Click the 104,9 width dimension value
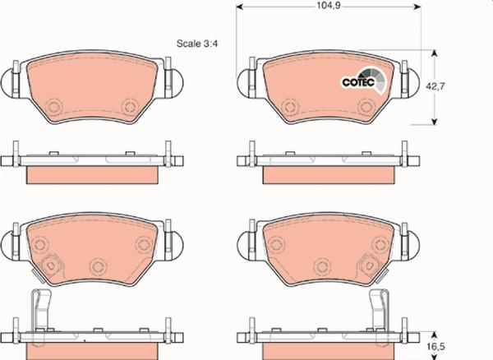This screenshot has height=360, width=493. click(329, 6)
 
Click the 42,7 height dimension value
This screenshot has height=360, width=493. click(435, 86)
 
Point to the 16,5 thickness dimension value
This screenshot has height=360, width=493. click(435, 347)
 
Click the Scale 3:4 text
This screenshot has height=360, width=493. click(197, 44)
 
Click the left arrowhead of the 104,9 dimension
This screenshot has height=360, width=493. click(240, 7)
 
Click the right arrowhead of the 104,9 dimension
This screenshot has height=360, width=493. click(417, 7)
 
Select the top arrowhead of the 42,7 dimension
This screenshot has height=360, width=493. click(434, 53)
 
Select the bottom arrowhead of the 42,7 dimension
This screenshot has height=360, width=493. click(434, 121)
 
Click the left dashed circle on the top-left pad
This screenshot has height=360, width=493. click(54, 106)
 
